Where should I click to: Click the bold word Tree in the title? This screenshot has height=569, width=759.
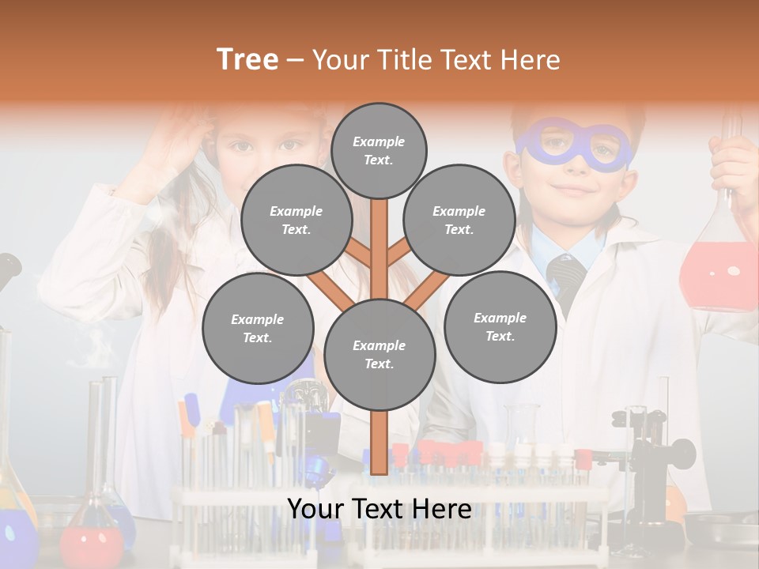click(x=247, y=59)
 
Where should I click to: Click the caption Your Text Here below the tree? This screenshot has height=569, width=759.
click(x=379, y=509)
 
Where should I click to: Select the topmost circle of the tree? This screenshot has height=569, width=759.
click(x=379, y=150)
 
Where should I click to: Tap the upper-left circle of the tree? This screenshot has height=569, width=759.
click(x=296, y=220)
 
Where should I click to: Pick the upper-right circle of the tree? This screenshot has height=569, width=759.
click(x=459, y=220)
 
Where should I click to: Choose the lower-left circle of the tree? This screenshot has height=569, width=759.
click(x=258, y=328)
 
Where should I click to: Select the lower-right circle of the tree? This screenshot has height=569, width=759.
click(x=500, y=326)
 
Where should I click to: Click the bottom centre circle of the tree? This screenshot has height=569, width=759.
click(x=379, y=354)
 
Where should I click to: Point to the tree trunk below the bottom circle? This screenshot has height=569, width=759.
click(x=379, y=443)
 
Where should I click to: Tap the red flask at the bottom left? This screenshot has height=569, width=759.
click(x=93, y=541)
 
